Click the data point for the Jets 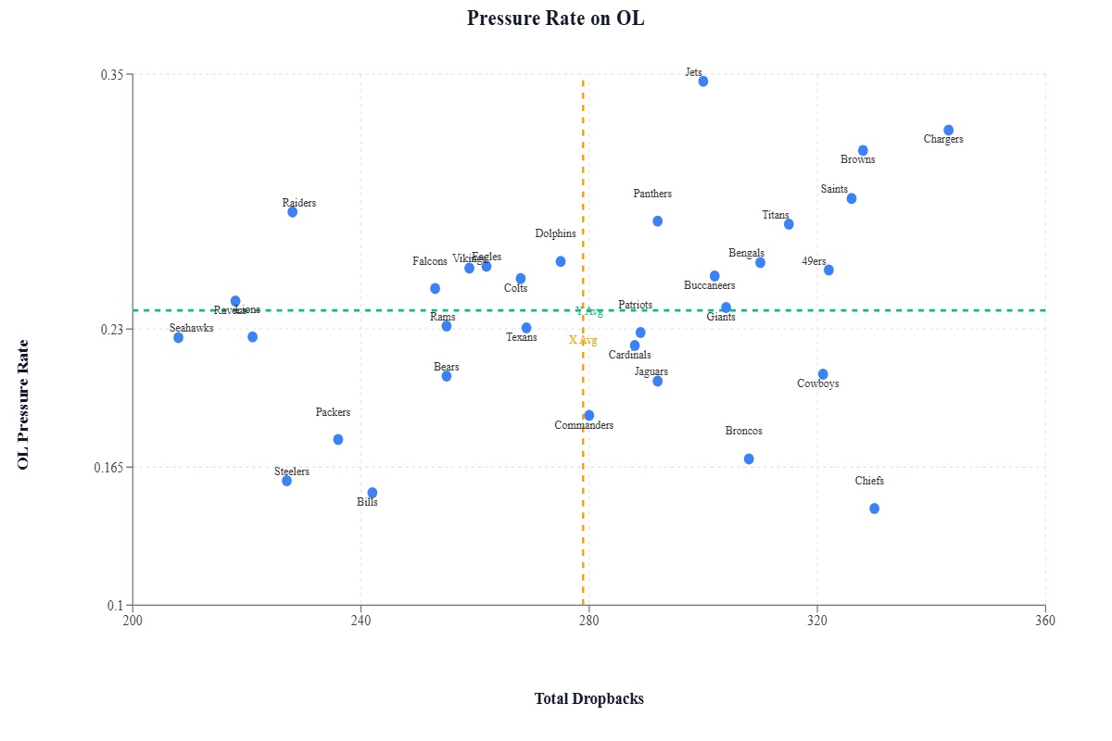703,82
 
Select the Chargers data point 948,131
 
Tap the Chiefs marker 874,509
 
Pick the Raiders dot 292,212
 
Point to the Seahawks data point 178,337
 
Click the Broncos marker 749,459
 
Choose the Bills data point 373,493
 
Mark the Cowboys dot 823,374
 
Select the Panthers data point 657,221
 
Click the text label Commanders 584,426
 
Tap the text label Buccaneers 709,286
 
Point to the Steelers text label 292,472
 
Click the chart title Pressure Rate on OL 556,19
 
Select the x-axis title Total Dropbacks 589,699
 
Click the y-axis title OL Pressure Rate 24,405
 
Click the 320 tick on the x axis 817,621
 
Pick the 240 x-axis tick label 361,621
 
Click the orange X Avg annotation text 583,341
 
